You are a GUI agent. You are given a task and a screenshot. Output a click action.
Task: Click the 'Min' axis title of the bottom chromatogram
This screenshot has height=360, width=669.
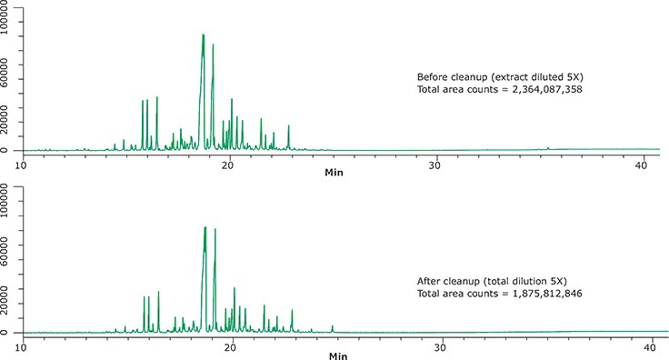[335, 355]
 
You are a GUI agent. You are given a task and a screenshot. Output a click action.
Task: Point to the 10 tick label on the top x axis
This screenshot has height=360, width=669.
[22, 164]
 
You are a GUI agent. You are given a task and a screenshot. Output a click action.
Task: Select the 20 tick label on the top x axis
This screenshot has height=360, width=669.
[230, 164]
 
